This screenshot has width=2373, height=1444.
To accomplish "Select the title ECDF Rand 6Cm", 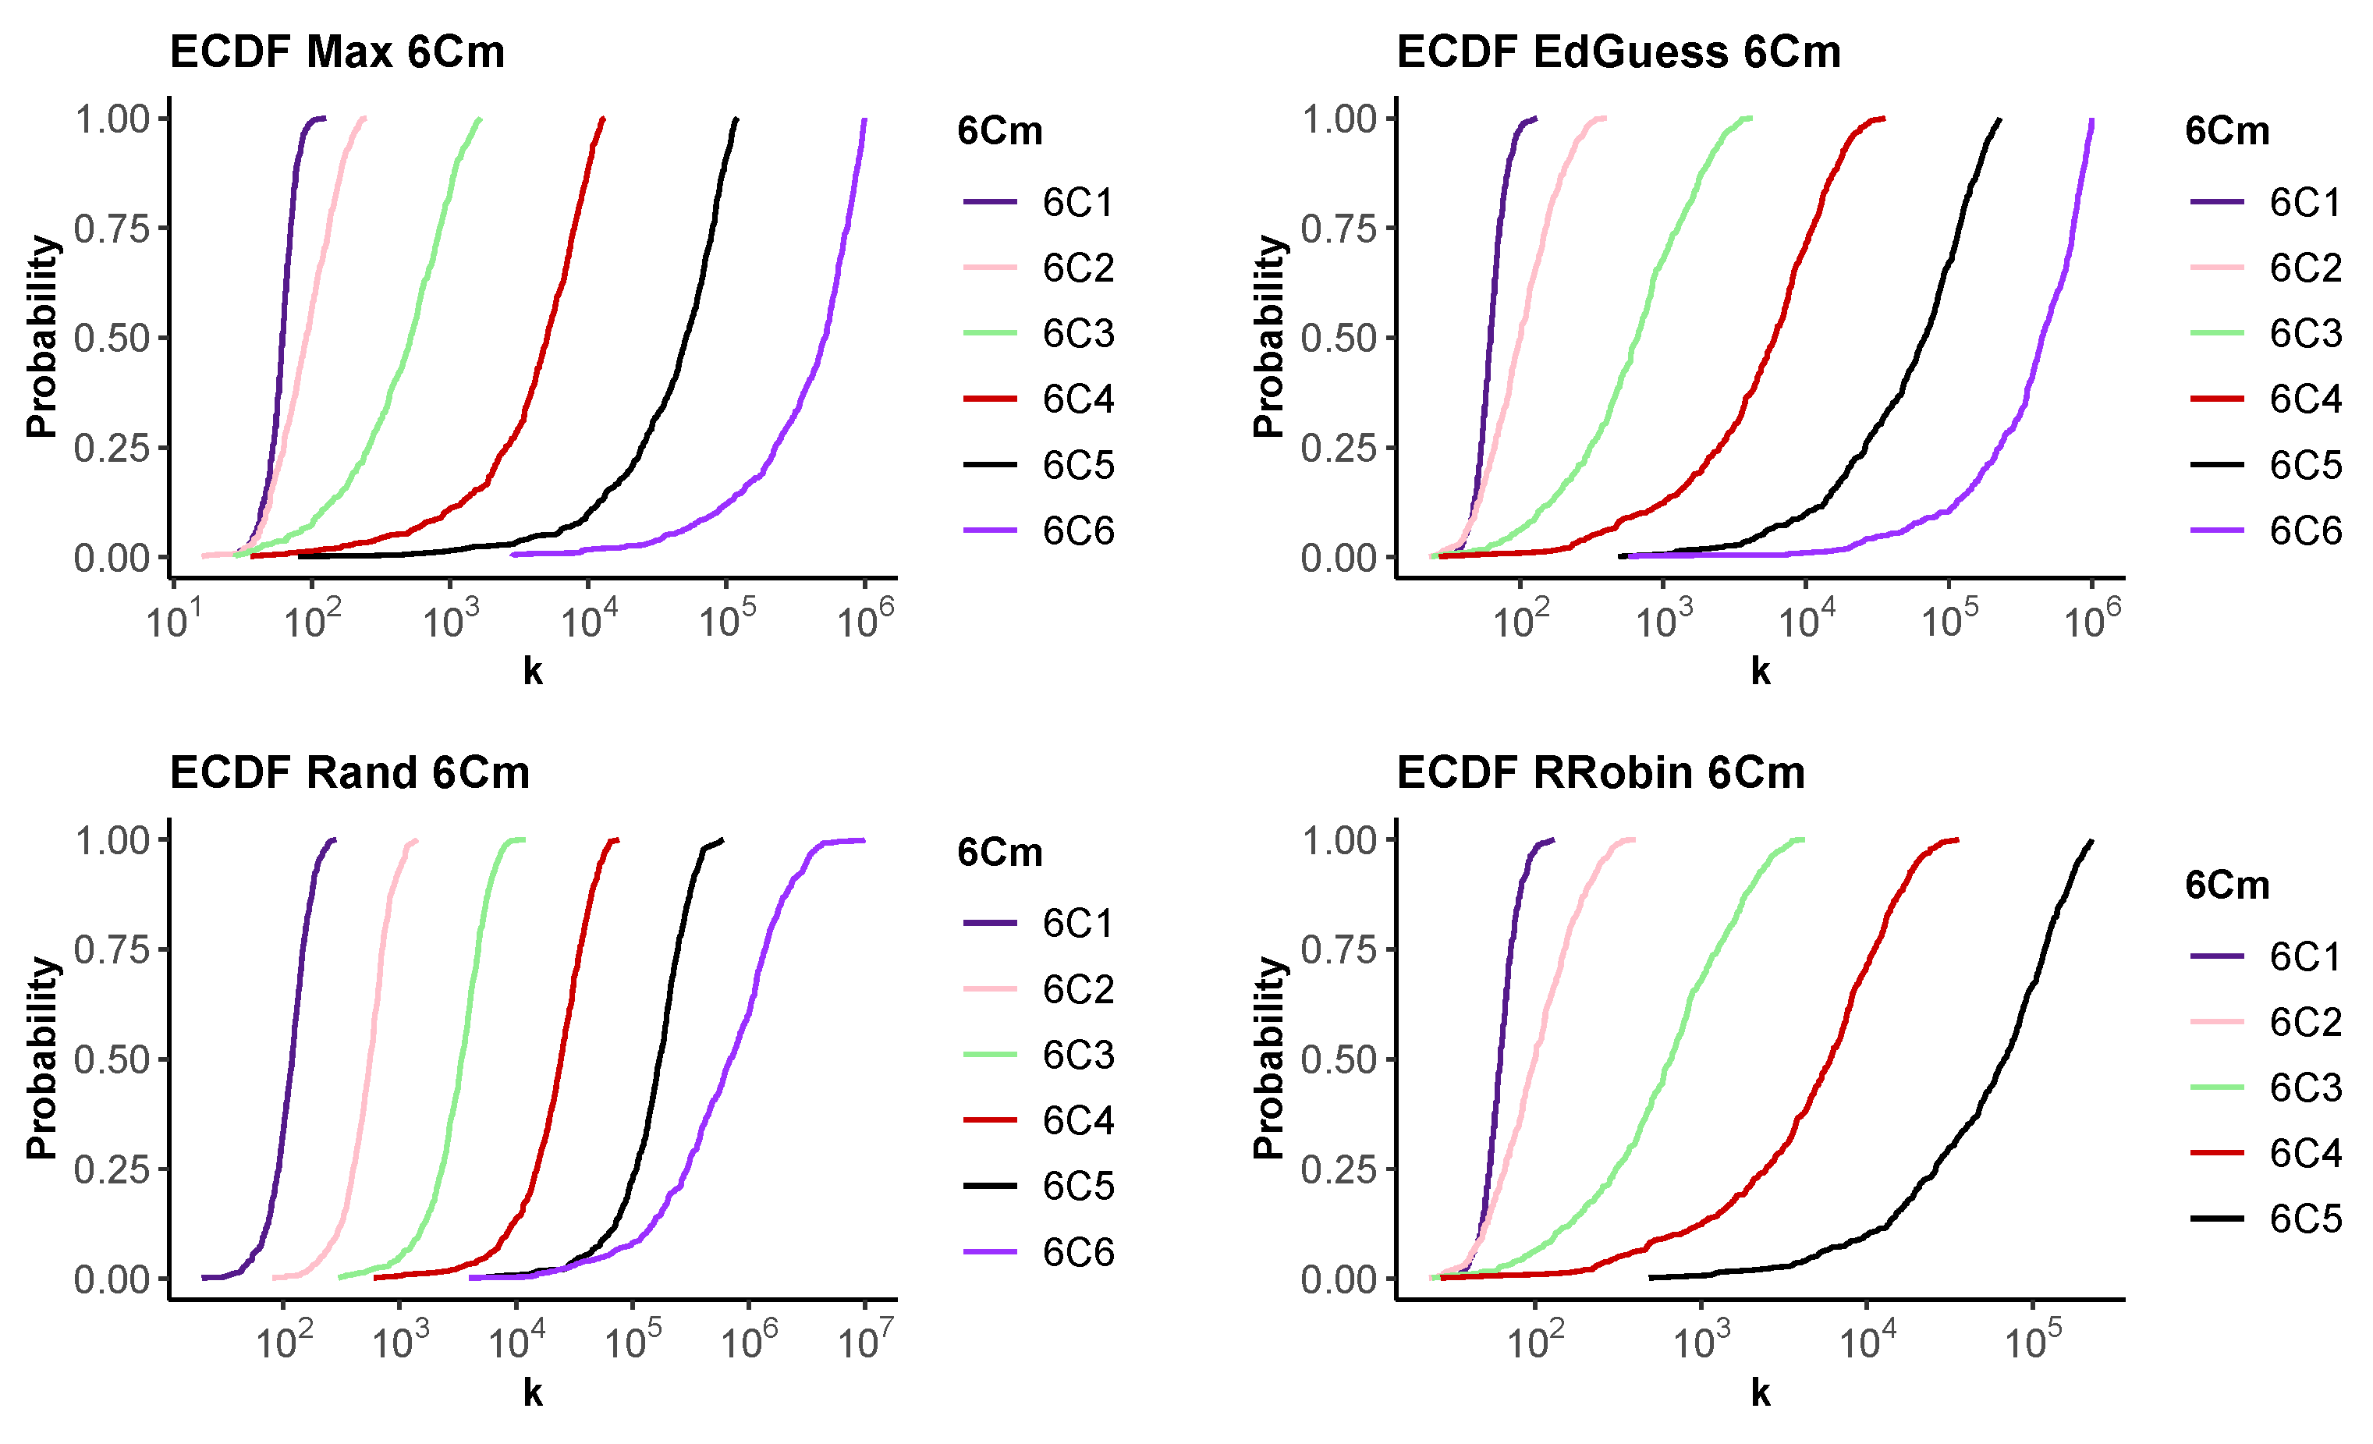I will pos(349,772).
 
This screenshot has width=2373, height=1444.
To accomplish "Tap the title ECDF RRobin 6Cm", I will pos(1601,772).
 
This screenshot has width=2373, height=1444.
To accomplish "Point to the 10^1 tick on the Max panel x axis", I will pos(173,619).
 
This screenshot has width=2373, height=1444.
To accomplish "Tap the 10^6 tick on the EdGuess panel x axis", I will pos(2092,619).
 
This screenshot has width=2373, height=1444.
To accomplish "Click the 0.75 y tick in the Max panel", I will pos(112,229).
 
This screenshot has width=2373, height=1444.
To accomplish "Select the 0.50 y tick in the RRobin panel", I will pos(1339,1059).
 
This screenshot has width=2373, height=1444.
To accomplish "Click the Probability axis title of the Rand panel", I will pos(42,1058).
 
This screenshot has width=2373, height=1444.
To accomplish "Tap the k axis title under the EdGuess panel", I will pos(1760,672).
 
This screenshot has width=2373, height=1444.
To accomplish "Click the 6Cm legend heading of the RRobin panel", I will pos(2226,885).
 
